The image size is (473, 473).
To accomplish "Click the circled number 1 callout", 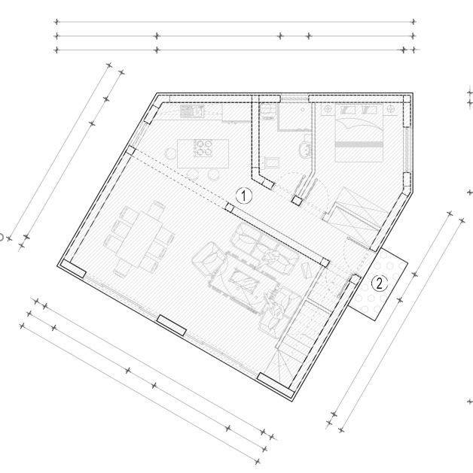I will (x=244, y=195).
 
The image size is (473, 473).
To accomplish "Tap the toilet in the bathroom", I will (x=305, y=150).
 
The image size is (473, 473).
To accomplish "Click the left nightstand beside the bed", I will (x=328, y=110).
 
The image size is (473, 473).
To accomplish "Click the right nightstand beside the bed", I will (x=392, y=111).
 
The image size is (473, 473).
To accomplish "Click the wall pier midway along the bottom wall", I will (x=171, y=324).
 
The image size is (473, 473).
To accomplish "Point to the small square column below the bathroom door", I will (x=298, y=201).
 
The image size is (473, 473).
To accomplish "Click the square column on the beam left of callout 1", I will (x=228, y=207).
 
